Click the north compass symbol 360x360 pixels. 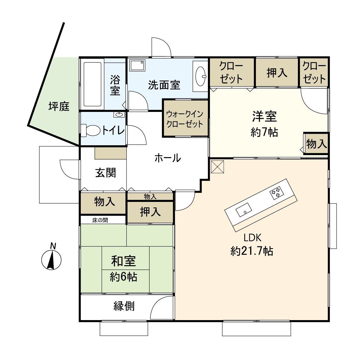[51, 259]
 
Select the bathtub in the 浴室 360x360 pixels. [92, 84]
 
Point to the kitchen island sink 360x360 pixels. [244, 210]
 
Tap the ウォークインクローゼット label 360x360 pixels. [185, 119]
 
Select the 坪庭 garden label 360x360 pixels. [59, 106]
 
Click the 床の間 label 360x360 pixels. [100, 220]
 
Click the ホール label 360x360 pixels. [168, 157]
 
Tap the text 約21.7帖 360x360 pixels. [252, 251]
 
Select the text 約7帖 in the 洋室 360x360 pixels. [264, 132]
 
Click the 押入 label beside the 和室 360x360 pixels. [150, 212]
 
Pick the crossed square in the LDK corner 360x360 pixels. [217, 167]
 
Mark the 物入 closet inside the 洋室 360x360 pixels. [316, 144]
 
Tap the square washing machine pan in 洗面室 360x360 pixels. [137, 65]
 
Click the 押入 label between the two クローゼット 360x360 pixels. [277, 73]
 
